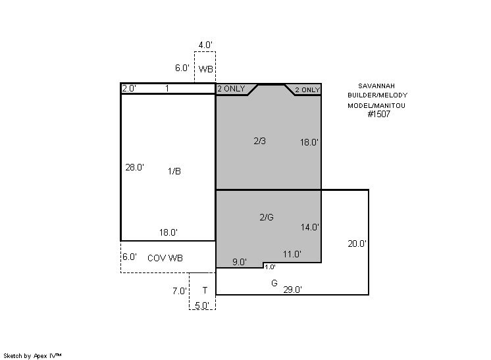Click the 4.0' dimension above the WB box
pos(205,45)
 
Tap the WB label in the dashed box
pos(206,69)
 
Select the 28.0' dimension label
pos(135,167)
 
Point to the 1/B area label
pos(174,171)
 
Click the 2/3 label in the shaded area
pos(259,141)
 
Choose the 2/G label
pos(267,217)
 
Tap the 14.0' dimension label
pos(310,227)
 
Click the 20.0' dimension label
pos(357,244)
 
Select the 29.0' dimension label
pos(292,290)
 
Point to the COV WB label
pos(165,258)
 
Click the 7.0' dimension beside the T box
pos(180,291)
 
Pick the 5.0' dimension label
pos(202,305)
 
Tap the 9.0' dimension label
pos(240,262)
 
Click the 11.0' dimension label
pos(292,254)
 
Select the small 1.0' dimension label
pos(270,267)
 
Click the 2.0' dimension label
pos(129,89)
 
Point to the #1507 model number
pos(379,114)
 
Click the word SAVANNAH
pos(376,86)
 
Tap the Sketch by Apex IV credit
pos(32,356)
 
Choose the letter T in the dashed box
pos(205,290)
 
